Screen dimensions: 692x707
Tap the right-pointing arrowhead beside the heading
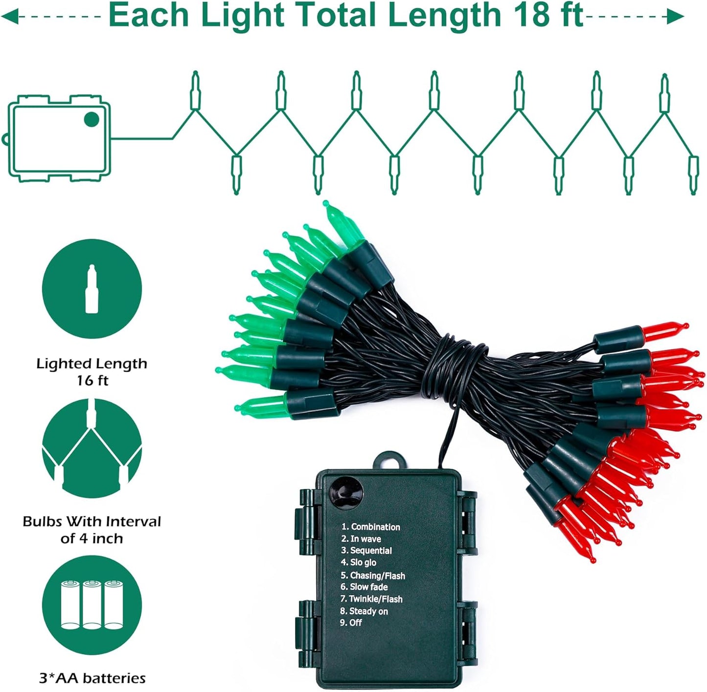click(676, 17)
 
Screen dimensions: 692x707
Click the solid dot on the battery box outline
click(91, 119)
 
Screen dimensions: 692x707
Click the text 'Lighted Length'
click(91, 364)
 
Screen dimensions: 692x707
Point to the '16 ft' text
click(91, 380)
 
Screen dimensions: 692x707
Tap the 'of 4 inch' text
click(91, 539)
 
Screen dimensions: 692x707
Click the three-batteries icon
click(91, 604)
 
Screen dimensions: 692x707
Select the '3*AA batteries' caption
click(92, 678)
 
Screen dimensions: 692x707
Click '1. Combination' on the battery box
click(371, 527)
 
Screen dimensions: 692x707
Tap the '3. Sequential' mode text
click(366, 551)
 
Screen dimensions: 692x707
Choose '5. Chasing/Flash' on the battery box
click(373, 576)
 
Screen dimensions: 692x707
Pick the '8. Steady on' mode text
click(364, 611)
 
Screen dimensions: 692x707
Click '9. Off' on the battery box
click(351, 623)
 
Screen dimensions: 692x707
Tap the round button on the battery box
click(346, 491)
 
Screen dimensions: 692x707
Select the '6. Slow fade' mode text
click(364, 587)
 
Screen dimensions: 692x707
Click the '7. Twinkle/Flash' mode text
click(371, 599)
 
